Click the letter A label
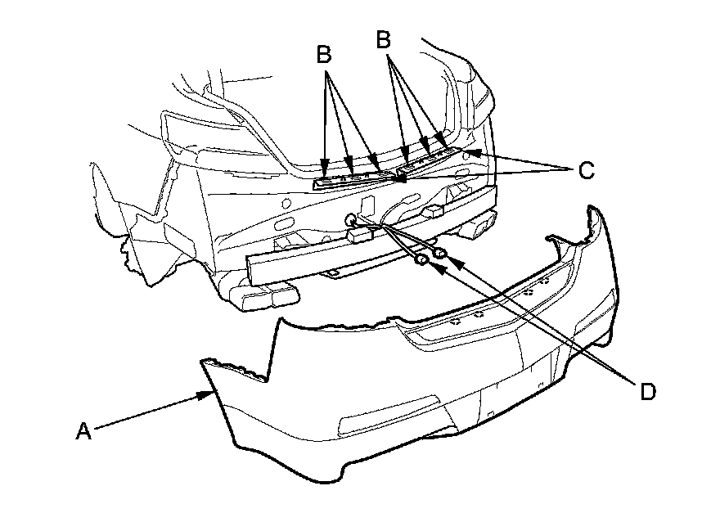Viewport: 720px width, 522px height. (83, 430)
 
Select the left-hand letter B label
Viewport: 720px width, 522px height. (324, 54)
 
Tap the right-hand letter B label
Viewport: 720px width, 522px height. (384, 39)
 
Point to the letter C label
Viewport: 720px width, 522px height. (587, 170)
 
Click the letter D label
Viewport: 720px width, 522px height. (648, 392)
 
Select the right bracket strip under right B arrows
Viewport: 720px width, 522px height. (427, 160)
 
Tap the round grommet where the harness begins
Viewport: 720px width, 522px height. (350, 218)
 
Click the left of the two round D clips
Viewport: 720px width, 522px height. (421, 260)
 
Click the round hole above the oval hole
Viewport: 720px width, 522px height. (286, 202)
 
